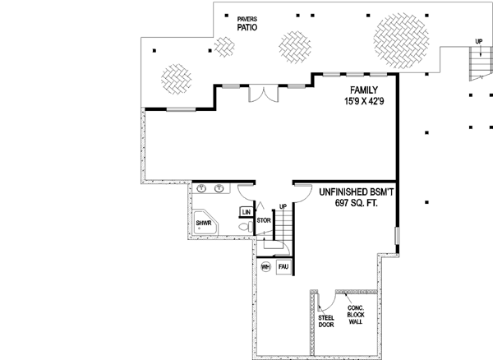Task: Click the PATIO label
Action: [x=247, y=26]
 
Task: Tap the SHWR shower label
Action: [x=204, y=221]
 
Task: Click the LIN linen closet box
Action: [x=246, y=211]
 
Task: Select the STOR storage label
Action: [x=264, y=220]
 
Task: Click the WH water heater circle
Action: [x=265, y=267]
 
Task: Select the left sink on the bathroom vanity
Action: [x=201, y=189]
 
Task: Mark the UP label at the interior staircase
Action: [x=283, y=206]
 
